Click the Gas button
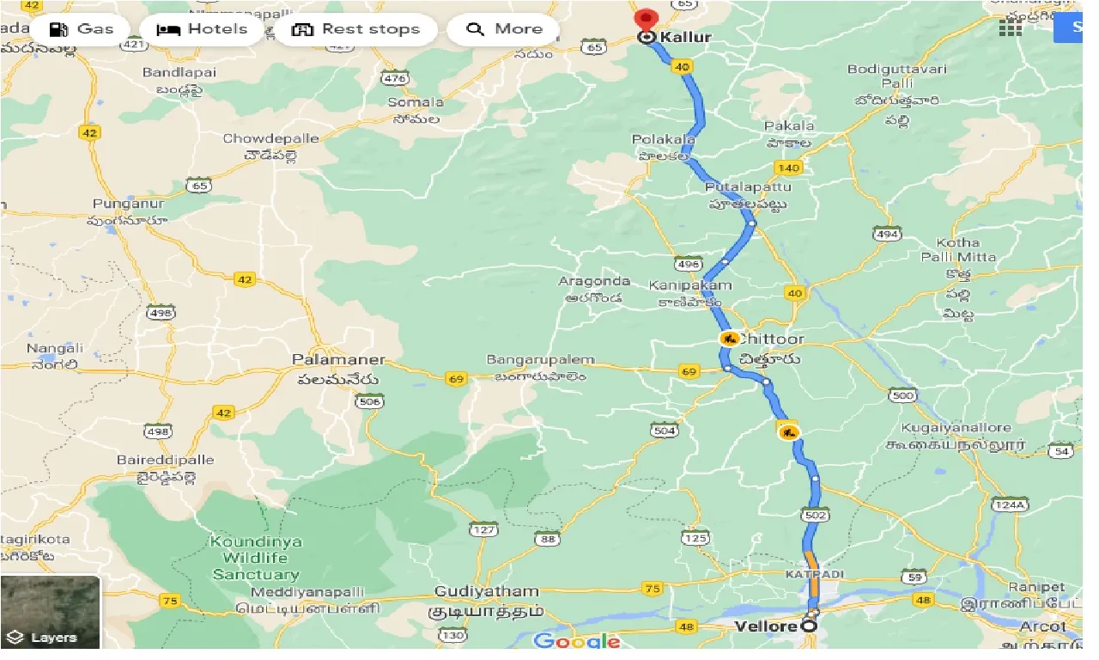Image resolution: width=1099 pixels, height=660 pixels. click(x=82, y=29)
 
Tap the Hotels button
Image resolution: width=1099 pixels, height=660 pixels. click(x=202, y=29)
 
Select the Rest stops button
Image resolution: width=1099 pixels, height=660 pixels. click(x=355, y=29)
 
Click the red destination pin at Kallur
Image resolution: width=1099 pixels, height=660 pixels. click(x=646, y=20)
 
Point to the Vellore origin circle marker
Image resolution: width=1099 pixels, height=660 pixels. click(x=809, y=626)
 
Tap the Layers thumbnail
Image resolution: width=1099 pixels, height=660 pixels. click(x=50, y=611)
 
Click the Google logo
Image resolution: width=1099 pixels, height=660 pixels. click(x=576, y=641)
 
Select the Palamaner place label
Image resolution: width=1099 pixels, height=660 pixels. click(x=338, y=359)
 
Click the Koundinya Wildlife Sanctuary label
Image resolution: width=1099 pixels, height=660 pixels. click(x=256, y=558)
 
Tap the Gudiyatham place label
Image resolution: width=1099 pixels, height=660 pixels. click(x=487, y=591)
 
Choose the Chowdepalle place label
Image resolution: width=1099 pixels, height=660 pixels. click(x=265, y=138)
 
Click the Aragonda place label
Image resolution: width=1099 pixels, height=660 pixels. click(x=594, y=281)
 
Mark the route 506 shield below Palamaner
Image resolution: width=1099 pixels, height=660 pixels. click(x=370, y=401)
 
